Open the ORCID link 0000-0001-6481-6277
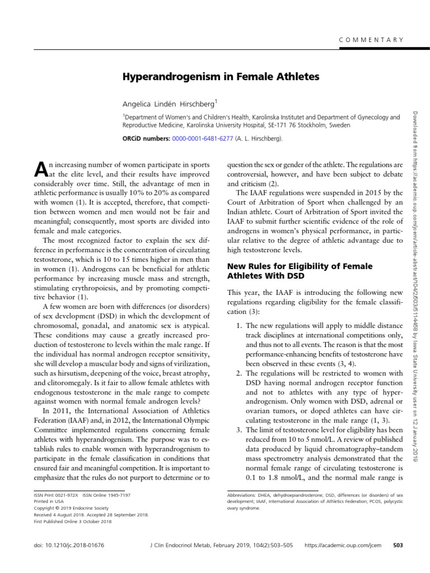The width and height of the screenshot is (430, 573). tap(202, 139)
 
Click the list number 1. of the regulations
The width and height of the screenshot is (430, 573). tap(236, 326)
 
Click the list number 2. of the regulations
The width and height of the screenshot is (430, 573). tap(236, 373)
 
